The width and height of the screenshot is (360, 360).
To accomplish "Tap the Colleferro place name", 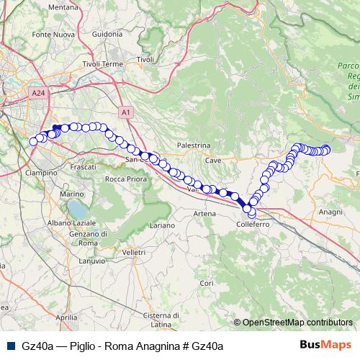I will (x=252, y=225).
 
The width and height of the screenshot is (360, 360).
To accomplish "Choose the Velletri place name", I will (x=134, y=253).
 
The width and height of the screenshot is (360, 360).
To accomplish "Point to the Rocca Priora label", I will (x=125, y=179).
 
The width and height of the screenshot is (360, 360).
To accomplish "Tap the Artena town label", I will (x=204, y=214).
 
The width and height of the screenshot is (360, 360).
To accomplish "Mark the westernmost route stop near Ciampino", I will (x=32, y=141).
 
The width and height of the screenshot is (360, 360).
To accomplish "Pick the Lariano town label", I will (x=162, y=225).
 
